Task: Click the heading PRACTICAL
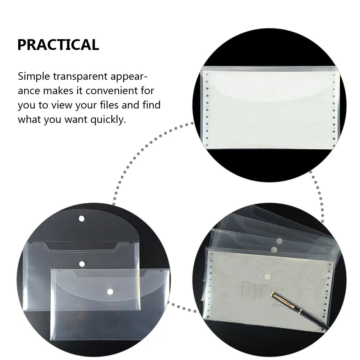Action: click(x=58, y=45)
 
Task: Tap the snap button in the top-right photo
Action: click(x=270, y=93)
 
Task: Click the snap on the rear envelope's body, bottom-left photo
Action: click(x=82, y=264)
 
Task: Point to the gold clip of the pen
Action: click(x=278, y=297)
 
